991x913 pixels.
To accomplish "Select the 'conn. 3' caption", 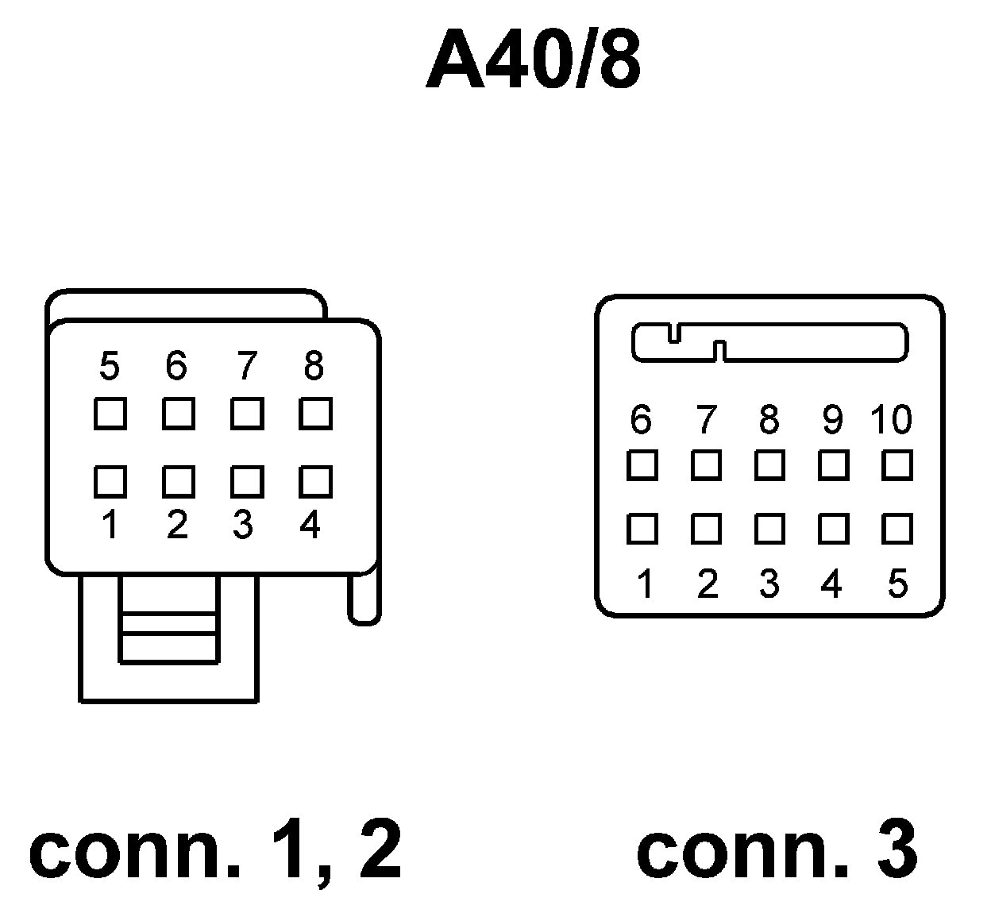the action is coord(777,850).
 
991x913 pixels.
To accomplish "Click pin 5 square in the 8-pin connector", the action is coord(110,414).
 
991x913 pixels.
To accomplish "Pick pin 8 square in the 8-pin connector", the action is coord(315,414).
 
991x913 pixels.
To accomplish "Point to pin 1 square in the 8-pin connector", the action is coord(110,481).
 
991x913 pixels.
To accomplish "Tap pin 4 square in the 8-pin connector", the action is coord(315,481).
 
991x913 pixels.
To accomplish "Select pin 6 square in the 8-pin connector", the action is coord(179,414).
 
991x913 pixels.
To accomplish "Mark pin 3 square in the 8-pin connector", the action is coord(247,481).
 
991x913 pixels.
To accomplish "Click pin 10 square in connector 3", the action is coord(897,465).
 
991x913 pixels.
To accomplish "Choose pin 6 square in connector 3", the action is coord(642,465).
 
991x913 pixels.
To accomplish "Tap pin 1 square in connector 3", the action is coord(642,529).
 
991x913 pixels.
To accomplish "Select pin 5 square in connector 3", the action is coord(897,529).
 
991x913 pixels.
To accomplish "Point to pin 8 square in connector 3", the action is coord(769,465).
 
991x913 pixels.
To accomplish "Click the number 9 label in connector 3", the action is coord(832,419).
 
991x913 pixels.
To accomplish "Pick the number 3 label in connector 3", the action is coord(769,584).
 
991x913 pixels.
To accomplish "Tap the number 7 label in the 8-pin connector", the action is coord(247,366).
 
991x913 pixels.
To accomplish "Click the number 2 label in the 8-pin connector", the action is coord(178,525).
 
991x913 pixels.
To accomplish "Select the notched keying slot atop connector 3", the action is coord(769,342).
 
